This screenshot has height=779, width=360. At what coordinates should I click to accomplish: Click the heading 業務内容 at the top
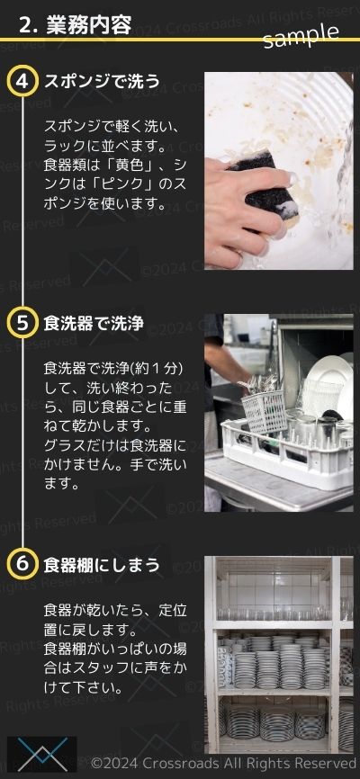(88, 24)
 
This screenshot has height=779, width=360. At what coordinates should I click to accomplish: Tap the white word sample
(301, 35)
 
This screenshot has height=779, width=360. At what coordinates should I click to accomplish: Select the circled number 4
(22, 82)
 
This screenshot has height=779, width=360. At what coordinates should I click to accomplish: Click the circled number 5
(22, 323)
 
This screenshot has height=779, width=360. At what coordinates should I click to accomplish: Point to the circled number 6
(22, 564)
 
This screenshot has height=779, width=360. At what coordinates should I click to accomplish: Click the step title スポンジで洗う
(102, 82)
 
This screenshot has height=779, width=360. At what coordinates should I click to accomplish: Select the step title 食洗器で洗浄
(94, 324)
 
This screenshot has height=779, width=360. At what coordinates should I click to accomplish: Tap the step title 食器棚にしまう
(102, 565)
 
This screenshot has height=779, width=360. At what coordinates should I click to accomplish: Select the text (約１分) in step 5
(158, 369)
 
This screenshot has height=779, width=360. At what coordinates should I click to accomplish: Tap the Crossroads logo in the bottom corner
(42, 754)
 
